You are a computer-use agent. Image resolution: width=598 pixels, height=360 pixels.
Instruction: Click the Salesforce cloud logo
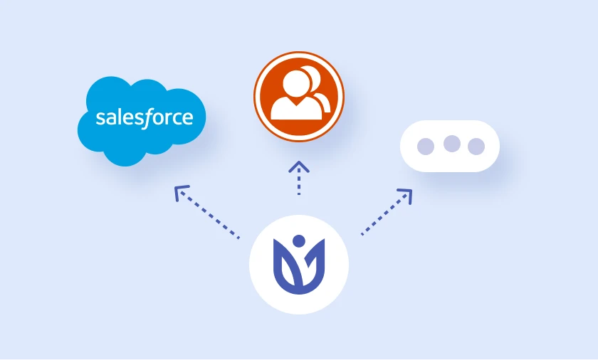[142, 121]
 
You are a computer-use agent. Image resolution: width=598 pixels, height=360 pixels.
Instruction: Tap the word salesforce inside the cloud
[144, 118]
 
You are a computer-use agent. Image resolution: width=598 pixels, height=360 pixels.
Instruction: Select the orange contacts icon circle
[299, 97]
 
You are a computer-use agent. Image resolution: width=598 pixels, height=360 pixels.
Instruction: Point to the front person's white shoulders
[296, 110]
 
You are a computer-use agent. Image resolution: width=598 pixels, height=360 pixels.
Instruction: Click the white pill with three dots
[450, 147]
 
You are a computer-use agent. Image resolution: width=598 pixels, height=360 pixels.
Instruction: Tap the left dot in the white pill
[426, 147]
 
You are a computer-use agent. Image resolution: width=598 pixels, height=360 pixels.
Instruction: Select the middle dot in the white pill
[452, 144]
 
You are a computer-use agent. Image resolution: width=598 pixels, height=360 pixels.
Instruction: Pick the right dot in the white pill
[476, 147]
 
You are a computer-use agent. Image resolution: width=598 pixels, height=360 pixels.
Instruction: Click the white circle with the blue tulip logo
[299, 265]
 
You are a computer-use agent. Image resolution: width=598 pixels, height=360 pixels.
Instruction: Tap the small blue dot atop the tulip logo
[299, 241]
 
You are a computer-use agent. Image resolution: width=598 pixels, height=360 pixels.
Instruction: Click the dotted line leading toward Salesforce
[209, 214]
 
